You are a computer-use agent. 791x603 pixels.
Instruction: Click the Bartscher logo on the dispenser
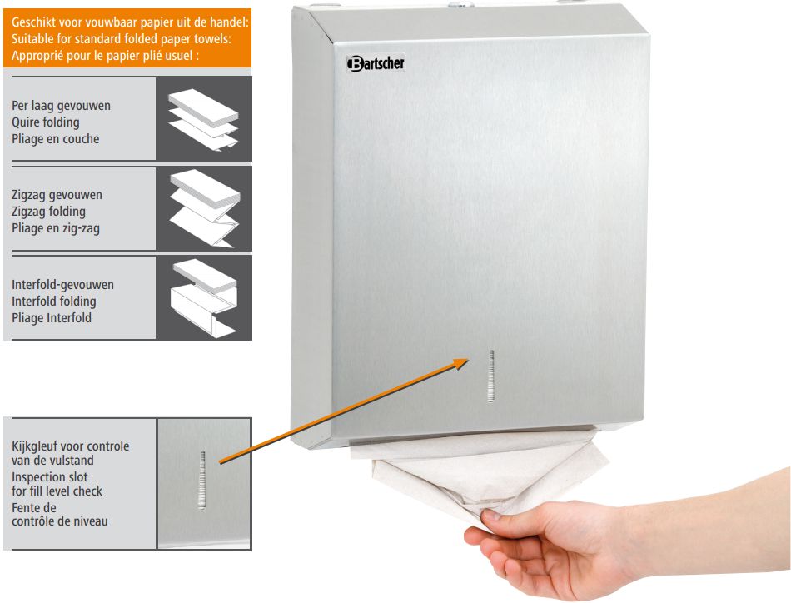376,63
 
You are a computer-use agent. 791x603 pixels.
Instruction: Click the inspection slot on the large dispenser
491,376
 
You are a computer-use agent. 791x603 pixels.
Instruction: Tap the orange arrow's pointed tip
470,359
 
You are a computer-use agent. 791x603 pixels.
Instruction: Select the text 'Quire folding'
46,122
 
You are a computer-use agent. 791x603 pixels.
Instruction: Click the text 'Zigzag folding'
48,212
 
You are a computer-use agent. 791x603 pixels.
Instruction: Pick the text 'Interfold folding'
53,301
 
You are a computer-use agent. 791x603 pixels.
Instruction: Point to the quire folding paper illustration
203,120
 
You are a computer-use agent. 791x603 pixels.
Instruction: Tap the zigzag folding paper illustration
205,208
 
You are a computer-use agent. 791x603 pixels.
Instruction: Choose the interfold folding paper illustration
204,297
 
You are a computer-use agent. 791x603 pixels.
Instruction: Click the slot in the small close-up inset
203,480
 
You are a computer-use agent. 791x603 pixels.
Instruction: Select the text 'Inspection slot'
49,477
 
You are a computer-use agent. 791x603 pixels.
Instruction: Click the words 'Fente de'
34,507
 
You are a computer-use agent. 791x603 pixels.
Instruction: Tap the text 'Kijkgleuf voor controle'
70,446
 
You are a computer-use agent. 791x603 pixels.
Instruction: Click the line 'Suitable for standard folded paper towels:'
121,39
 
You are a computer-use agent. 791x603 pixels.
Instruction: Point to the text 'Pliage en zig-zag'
56,228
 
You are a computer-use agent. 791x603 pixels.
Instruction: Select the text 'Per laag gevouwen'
61,106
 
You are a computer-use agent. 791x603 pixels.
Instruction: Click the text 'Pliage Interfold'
52,318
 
